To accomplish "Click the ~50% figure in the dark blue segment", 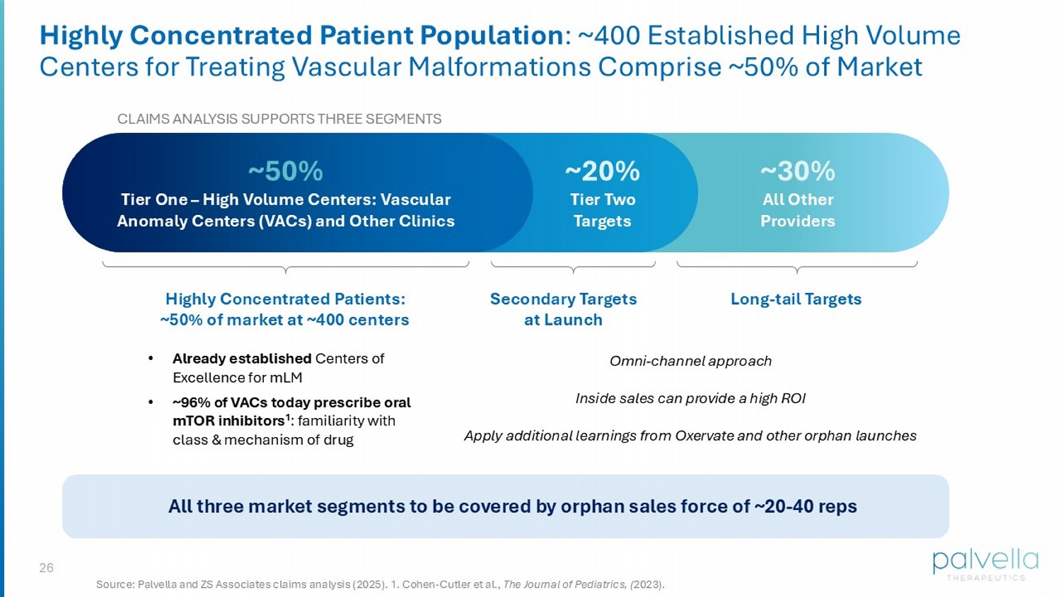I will point(285,171).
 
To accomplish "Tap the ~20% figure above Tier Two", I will point(602,171).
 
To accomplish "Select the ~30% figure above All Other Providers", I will point(797,171).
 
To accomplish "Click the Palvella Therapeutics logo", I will point(985,564).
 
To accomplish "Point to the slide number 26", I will point(46,568).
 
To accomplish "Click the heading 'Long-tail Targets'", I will point(796,299).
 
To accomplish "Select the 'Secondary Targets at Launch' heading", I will point(563,309).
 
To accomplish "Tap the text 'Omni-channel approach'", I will point(690,361).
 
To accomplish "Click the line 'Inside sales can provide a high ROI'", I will point(690,399).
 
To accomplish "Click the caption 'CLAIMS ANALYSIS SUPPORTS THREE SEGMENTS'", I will point(279,119).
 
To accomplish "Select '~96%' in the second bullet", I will point(191,402).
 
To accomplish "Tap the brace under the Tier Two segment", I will point(573,267).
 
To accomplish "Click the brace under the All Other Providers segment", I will point(797,267).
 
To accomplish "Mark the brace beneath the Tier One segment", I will point(285,267).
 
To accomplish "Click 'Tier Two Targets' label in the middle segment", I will point(602,210).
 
